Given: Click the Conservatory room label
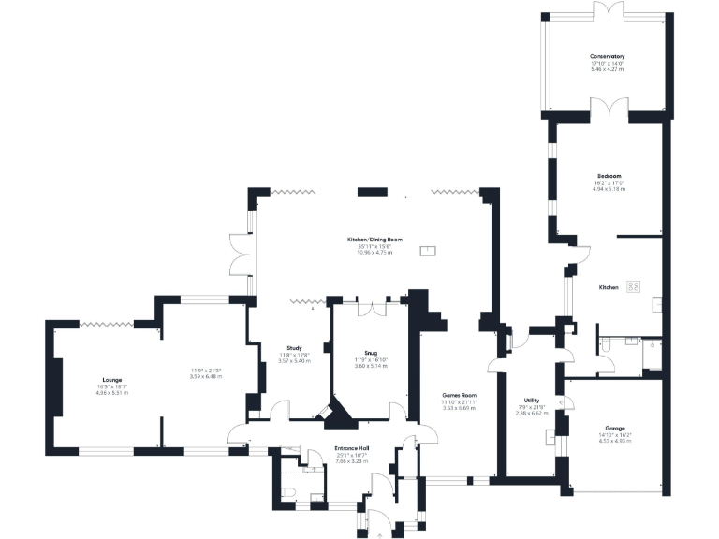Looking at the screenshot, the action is pyautogui.click(x=607, y=56).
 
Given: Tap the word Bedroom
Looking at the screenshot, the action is pyautogui.click(x=609, y=175).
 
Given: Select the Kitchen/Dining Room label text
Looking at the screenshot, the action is pyautogui.click(x=374, y=240).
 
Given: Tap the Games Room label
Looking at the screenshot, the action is pyautogui.click(x=460, y=395).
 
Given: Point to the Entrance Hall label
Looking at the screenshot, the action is pyautogui.click(x=351, y=449).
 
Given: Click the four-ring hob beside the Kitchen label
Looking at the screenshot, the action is pyautogui.click(x=634, y=287).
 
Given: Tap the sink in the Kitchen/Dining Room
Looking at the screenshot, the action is pyautogui.click(x=427, y=251).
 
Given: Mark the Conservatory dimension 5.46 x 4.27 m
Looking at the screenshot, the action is pyautogui.click(x=607, y=69).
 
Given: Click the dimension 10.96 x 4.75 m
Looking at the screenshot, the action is pyautogui.click(x=374, y=253).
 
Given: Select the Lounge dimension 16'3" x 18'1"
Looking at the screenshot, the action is pyautogui.click(x=107, y=387).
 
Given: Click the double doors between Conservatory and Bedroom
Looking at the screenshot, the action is pyautogui.click(x=608, y=110).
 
